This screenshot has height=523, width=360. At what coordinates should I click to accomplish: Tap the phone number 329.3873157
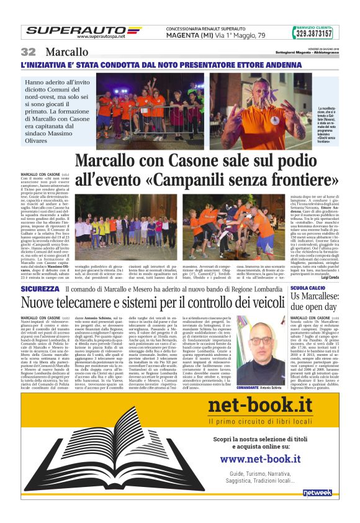pyautogui.click(x=312, y=34)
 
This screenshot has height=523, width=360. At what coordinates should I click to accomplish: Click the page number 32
pyautogui.click(x=29, y=52)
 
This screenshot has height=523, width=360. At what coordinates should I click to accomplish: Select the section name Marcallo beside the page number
pyautogui.click(x=66, y=52)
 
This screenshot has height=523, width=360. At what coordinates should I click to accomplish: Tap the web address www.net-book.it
pyautogui.click(x=260, y=459)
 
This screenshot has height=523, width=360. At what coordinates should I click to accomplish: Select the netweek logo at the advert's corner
pyautogui.click(x=318, y=492)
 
